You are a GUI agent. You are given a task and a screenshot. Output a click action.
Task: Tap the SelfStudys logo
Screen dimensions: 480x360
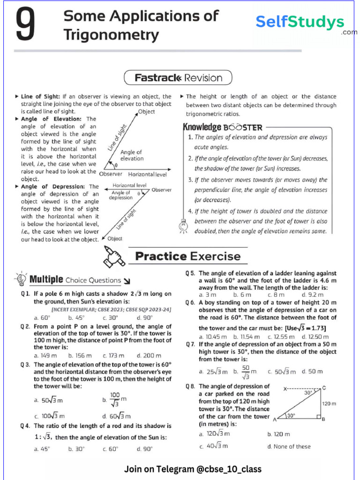click(x=300, y=22)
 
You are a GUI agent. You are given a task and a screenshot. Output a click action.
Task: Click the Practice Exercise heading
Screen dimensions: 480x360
click(x=187, y=256)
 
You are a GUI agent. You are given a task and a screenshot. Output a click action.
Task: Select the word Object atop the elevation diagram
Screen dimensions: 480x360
click(x=146, y=112)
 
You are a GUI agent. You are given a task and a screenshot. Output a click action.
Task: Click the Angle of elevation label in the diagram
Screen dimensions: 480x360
click(x=132, y=155)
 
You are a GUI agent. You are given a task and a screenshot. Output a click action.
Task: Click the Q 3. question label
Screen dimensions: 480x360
click(x=25, y=364)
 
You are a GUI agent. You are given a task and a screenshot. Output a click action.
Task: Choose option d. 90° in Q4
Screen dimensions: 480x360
click(x=145, y=449)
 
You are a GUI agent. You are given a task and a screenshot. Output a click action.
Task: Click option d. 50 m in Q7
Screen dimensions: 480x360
click(x=312, y=371)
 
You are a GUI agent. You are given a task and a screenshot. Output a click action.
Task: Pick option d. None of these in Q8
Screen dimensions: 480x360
click(x=289, y=446)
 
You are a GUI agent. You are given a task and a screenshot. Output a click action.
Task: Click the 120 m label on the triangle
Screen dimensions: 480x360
click(x=329, y=403)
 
